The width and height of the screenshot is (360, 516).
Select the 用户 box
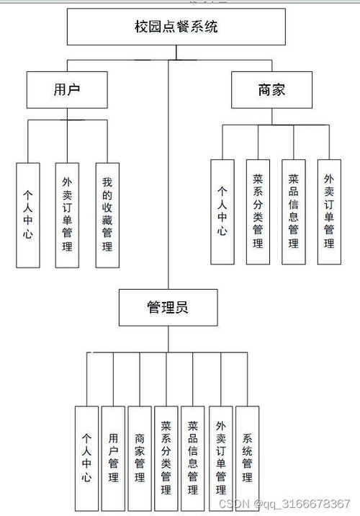[x=66, y=89]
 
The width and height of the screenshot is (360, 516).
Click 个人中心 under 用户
[x=28, y=214]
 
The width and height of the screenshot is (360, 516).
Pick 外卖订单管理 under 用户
[x=68, y=214]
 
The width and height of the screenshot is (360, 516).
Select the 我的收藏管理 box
[x=107, y=214]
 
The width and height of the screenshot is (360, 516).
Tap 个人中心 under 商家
[x=222, y=210]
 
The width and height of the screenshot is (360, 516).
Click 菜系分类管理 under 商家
[x=258, y=210]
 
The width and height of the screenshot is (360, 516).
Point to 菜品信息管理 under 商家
[x=293, y=210]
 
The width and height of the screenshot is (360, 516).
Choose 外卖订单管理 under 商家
[x=328, y=210]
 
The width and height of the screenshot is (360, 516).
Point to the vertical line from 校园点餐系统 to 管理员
[x=168, y=180]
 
